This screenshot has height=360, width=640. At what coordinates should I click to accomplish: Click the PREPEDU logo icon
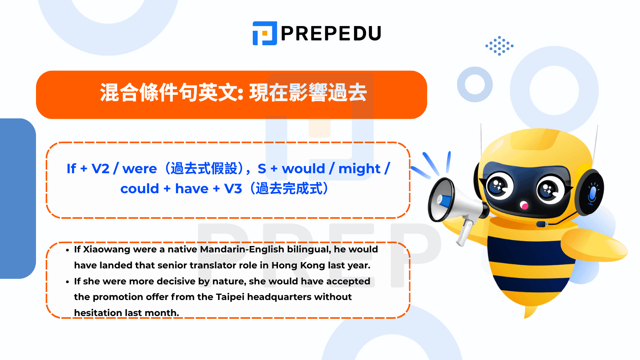tap(264, 33)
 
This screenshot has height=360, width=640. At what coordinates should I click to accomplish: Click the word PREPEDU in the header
tap(331, 34)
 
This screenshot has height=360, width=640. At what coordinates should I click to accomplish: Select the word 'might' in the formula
tap(360, 168)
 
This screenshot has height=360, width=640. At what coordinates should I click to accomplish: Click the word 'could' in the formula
tap(140, 188)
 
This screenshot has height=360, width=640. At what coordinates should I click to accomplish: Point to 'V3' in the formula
tap(233, 188)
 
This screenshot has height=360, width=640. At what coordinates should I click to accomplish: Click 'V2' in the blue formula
tap(100, 168)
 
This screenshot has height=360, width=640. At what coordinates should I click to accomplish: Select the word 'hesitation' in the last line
tap(98, 313)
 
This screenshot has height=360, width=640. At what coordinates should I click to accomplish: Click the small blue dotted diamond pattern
tap(500, 46)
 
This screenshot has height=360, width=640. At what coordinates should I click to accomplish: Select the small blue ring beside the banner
tap(475, 84)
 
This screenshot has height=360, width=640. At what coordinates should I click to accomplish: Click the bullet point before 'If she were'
tap(68, 282)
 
